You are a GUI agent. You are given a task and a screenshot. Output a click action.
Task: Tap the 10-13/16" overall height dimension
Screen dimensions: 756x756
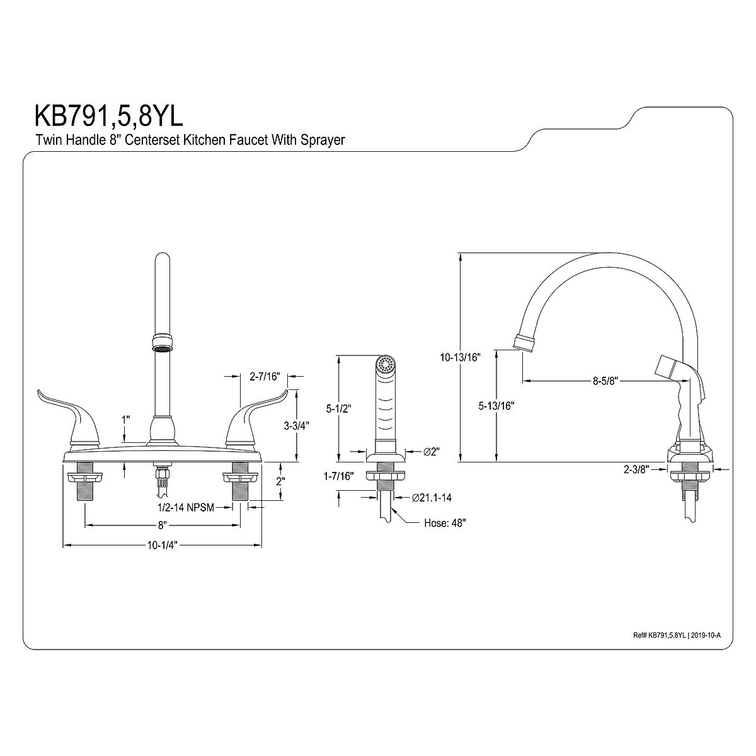(461, 358)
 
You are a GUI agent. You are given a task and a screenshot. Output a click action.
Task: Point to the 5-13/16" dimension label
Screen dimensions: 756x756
(497, 406)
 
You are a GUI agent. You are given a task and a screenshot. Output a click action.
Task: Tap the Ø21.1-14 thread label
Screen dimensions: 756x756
(432, 498)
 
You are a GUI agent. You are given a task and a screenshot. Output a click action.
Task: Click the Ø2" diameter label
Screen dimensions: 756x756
(432, 452)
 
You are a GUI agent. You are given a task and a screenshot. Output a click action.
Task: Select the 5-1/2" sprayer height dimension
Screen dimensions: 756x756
(339, 408)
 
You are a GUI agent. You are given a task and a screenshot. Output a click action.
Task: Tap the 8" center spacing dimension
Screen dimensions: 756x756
(162, 525)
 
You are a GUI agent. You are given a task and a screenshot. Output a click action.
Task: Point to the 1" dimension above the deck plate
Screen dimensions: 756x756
(126, 418)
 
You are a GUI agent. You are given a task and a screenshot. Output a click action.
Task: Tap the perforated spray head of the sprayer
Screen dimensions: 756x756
(385, 364)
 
